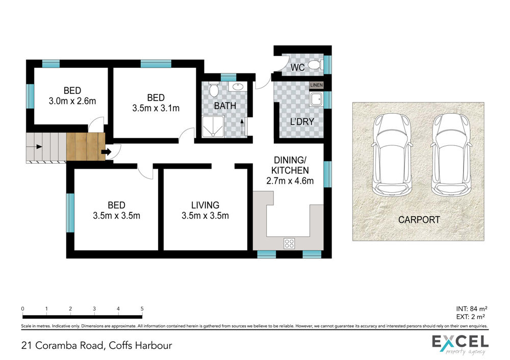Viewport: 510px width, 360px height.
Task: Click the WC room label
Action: (x=297, y=67)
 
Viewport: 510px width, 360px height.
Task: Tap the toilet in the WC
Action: (x=315, y=65)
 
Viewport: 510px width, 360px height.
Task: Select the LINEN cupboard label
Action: (x=316, y=85)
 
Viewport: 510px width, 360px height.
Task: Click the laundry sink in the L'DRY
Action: (x=316, y=99)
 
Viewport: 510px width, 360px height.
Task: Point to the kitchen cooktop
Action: (x=289, y=244)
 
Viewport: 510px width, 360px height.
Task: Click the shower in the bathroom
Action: (x=213, y=126)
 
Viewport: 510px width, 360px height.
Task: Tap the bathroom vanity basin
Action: (x=238, y=87)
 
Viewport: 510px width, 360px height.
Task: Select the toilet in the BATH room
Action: (x=214, y=90)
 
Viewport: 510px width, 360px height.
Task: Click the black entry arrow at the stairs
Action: (x=107, y=152)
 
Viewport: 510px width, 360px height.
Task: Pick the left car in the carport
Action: (x=392, y=155)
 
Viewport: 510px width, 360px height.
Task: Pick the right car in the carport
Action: (x=451, y=155)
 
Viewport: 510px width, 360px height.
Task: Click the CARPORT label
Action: (x=419, y=220)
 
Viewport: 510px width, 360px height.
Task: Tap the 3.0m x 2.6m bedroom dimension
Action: (x=72, y=101)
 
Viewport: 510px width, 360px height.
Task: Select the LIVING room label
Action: (x=205, y=205)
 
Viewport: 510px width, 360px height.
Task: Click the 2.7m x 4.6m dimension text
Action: (x=290, y=181)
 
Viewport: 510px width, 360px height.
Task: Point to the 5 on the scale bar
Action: (x=142, y=308)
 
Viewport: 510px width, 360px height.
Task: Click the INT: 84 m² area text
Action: (x=472, y=309)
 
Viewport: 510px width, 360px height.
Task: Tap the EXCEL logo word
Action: (x=460, y=342)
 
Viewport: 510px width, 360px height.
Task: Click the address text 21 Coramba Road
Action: (x=62, y=345)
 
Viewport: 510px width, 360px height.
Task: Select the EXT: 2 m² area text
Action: (x=471, y=317)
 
